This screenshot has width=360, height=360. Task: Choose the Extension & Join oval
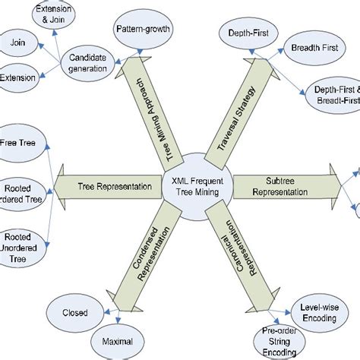(58, 14)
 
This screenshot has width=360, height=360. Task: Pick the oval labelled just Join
(18, 44)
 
